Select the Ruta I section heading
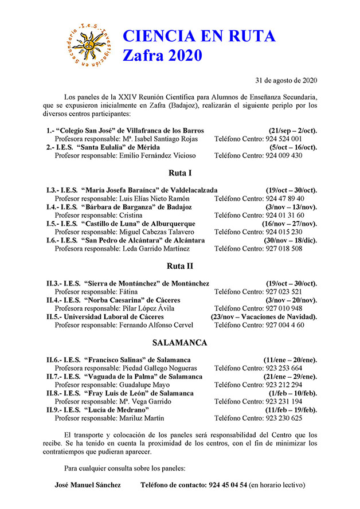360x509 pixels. tap(179, 173)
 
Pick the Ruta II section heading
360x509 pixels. tap(179, 266)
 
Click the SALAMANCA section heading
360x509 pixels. tap(179, 343)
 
